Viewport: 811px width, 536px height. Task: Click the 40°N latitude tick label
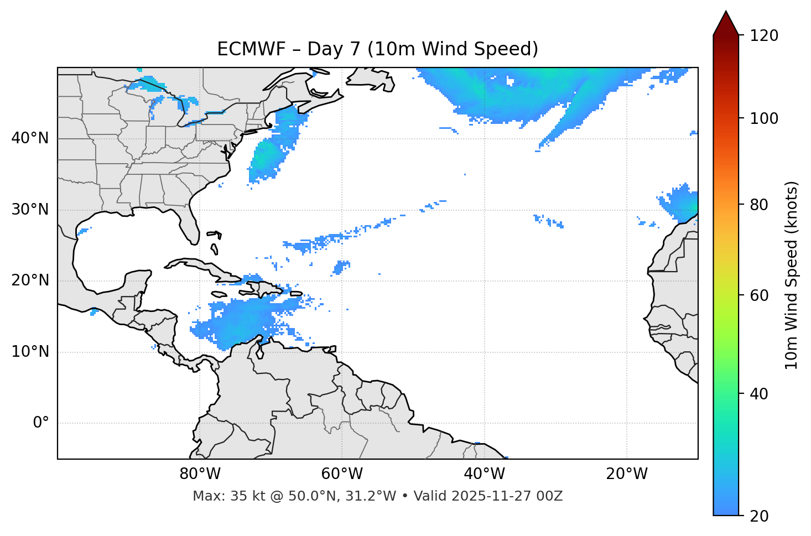(30, 138)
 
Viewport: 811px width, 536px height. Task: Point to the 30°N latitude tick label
(30, 210)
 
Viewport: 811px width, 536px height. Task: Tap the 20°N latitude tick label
(30, 280)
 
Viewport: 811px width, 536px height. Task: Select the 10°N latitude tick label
(30, 352)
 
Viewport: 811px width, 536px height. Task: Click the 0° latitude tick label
(41, 423)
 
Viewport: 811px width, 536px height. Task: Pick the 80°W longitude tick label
(200, 474)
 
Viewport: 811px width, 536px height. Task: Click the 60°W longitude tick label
(342, 474)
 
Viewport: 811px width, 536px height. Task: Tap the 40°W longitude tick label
(485, 474)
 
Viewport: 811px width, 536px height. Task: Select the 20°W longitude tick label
(627, 474)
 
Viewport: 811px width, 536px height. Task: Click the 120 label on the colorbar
(764, 36)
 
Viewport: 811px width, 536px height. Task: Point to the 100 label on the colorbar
(764, 118)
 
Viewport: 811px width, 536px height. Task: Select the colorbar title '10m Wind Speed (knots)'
(792, 275)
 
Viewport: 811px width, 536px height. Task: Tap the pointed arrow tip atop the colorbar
(726, 13)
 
